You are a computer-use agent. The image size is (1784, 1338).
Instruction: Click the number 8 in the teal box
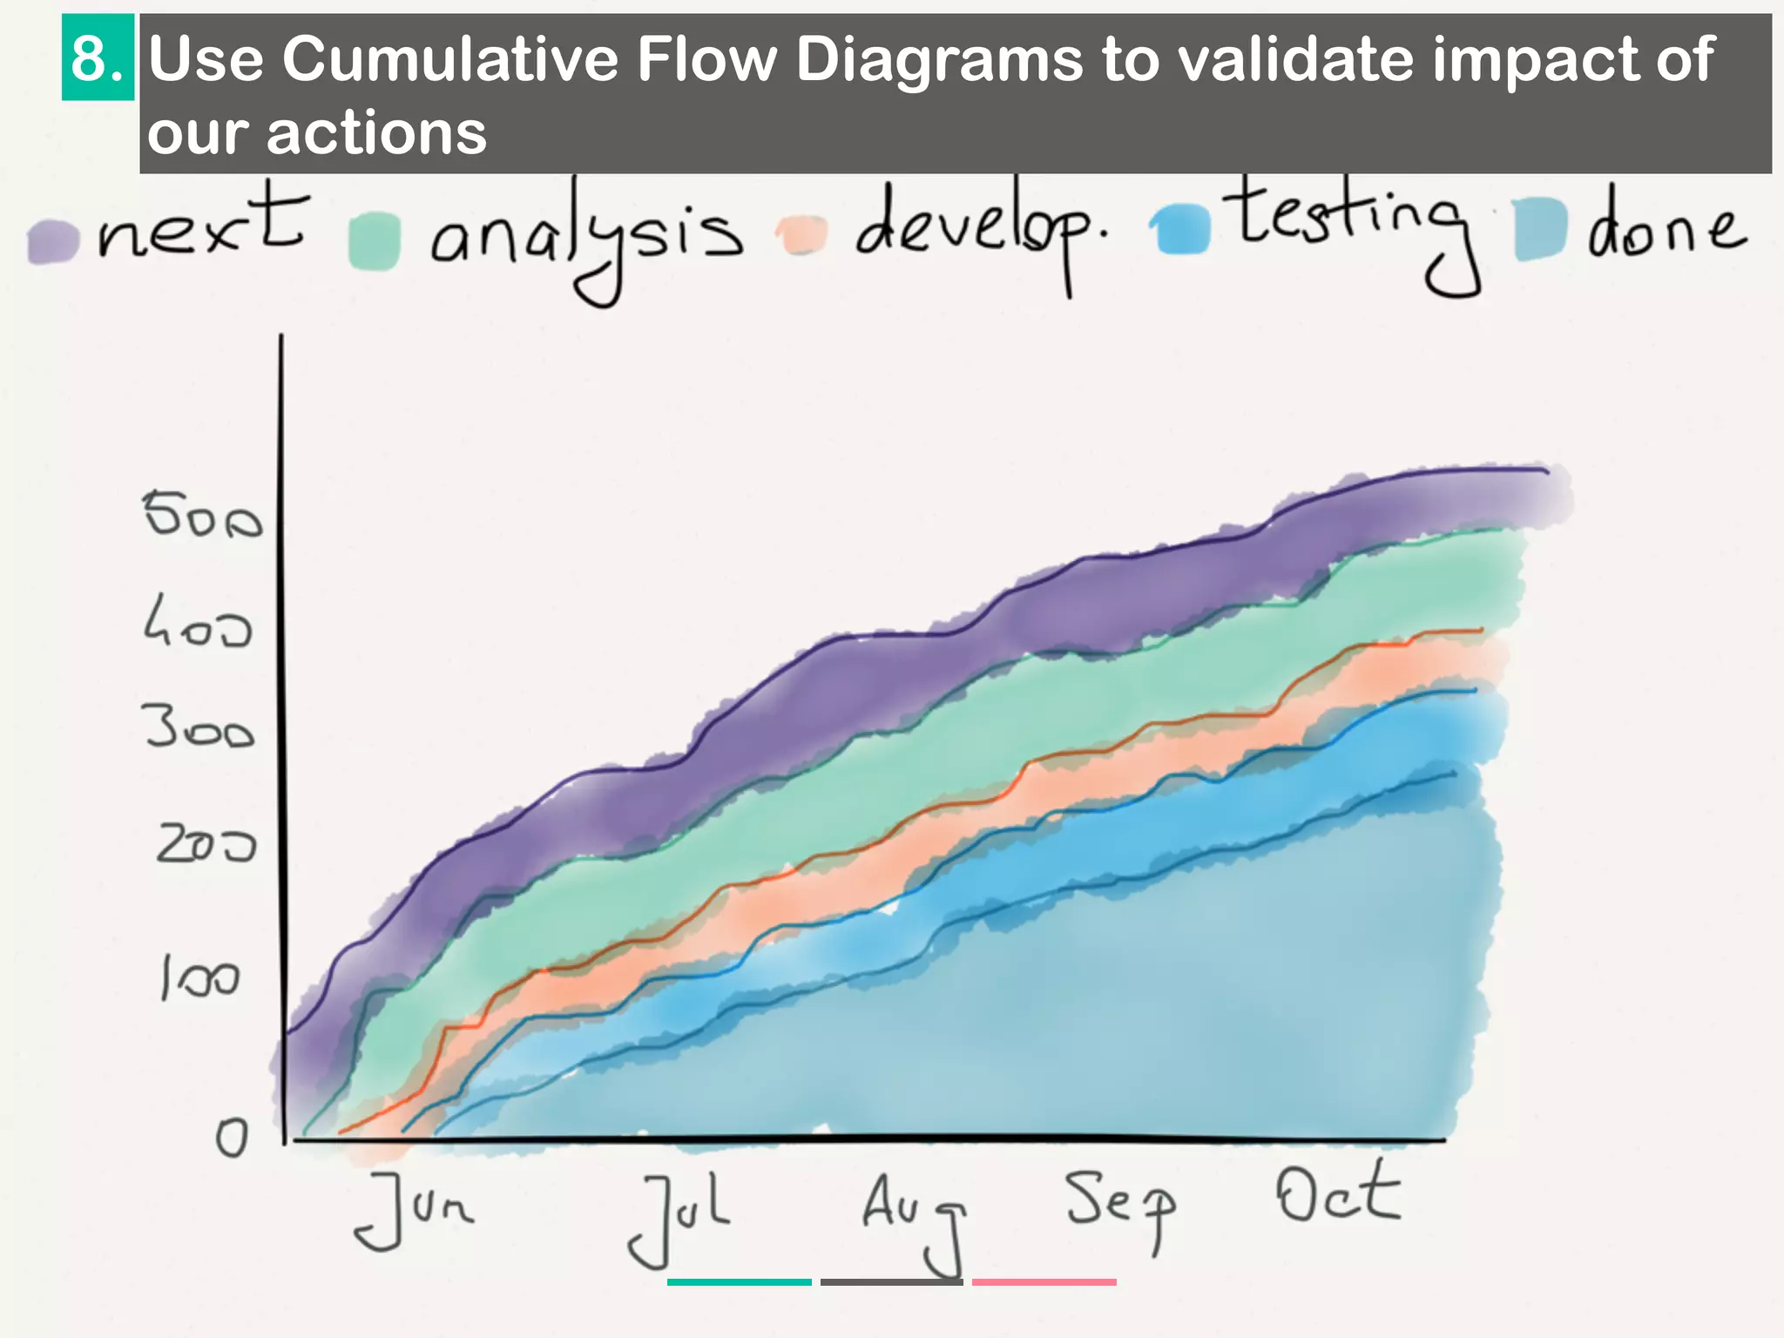coord(97,58)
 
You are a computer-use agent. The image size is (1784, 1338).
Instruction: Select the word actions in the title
coord(375,133)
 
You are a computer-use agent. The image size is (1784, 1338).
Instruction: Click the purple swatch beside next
coord(52,240)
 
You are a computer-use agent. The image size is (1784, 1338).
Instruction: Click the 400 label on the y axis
coord(198,622)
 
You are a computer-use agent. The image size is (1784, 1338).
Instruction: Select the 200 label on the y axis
coord(206,843)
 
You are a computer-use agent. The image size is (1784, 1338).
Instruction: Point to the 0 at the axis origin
coord(232,1137)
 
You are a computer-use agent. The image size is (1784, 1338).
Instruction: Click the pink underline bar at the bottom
coord(1044,1281)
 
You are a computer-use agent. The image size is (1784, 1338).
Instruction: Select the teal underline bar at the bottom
coord(739,1281)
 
